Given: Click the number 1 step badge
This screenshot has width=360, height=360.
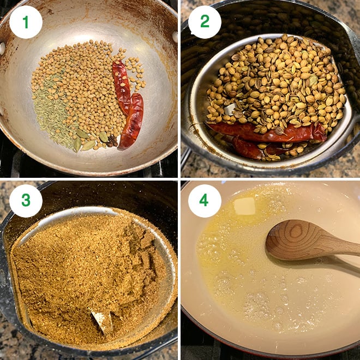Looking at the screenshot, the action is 26,22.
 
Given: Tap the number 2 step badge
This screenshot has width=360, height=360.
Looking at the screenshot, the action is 205,22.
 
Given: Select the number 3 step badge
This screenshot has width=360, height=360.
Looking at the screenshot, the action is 26,201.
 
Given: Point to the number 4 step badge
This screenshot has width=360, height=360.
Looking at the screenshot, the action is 205,201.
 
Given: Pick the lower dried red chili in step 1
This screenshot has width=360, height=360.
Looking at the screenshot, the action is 132,121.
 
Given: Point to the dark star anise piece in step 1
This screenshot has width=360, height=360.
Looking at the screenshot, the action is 113,141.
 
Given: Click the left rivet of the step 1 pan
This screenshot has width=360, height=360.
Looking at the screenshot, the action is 2,49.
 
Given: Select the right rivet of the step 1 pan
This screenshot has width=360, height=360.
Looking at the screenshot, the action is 175,37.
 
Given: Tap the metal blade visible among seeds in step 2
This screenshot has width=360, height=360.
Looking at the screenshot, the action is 230,109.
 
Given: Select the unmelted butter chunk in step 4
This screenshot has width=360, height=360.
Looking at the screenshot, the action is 245,206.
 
